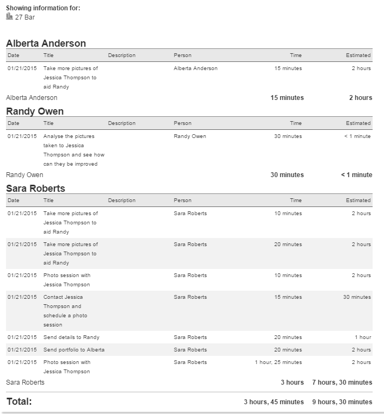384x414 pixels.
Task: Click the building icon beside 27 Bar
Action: tap(9, 17)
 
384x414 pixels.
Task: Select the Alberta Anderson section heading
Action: tap(46, 43)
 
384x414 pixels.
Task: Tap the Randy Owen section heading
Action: tap(35, 111)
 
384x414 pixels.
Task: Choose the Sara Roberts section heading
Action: tap(35, 189)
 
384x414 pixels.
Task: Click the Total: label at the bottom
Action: tap(19, 402)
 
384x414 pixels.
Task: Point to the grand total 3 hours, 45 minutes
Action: tap(274, 402)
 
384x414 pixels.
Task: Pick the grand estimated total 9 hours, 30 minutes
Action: tap(342, 402)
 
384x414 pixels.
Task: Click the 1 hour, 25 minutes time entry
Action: tap(278, 362)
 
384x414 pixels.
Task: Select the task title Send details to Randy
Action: tap(71, 337)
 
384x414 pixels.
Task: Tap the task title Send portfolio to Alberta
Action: tap(74, 350)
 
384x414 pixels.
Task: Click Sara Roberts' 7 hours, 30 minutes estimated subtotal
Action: tap(342, 382)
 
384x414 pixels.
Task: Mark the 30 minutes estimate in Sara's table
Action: tap(357, 297)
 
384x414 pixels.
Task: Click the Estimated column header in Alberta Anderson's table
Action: tap(358, 55)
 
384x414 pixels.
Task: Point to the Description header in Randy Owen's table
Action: tap(122, 123)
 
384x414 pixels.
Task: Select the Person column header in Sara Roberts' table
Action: tap(182, 200)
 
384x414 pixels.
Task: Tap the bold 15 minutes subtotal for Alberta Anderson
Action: tap(287, 98)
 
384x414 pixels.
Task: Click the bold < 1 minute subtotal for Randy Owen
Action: tap(356, 175)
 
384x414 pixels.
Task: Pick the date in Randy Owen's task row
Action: tap(22, 136)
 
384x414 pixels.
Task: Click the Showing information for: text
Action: tap(43, 8)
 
